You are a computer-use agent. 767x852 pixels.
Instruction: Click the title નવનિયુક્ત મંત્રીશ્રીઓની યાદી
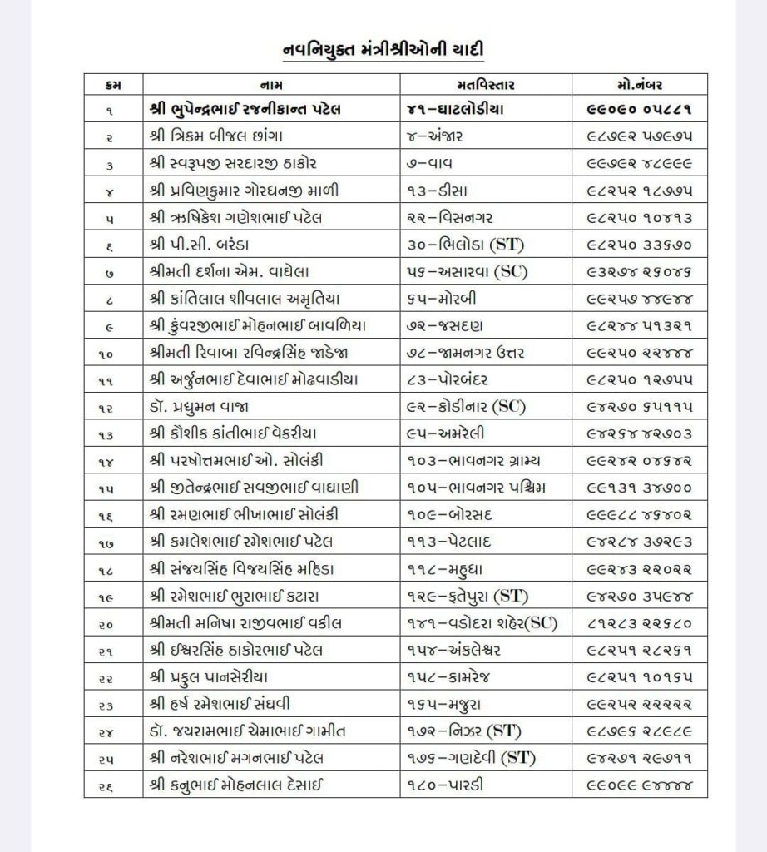tap(383, 50)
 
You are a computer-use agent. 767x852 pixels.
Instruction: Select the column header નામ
tap(271, 85)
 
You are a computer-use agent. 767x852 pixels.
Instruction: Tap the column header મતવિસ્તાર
tap(486, 85)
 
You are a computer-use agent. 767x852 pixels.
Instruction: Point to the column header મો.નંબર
tap(639, 85)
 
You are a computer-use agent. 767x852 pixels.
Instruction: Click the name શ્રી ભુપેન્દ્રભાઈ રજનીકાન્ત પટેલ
tap(245, 109)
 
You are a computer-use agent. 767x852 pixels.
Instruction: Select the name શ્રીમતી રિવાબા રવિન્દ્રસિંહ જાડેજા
tap(255, 354)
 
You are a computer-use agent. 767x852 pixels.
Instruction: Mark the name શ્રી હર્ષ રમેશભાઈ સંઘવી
tap(235, 704)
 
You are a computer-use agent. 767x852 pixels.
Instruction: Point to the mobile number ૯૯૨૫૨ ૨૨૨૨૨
tap(639, 704)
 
